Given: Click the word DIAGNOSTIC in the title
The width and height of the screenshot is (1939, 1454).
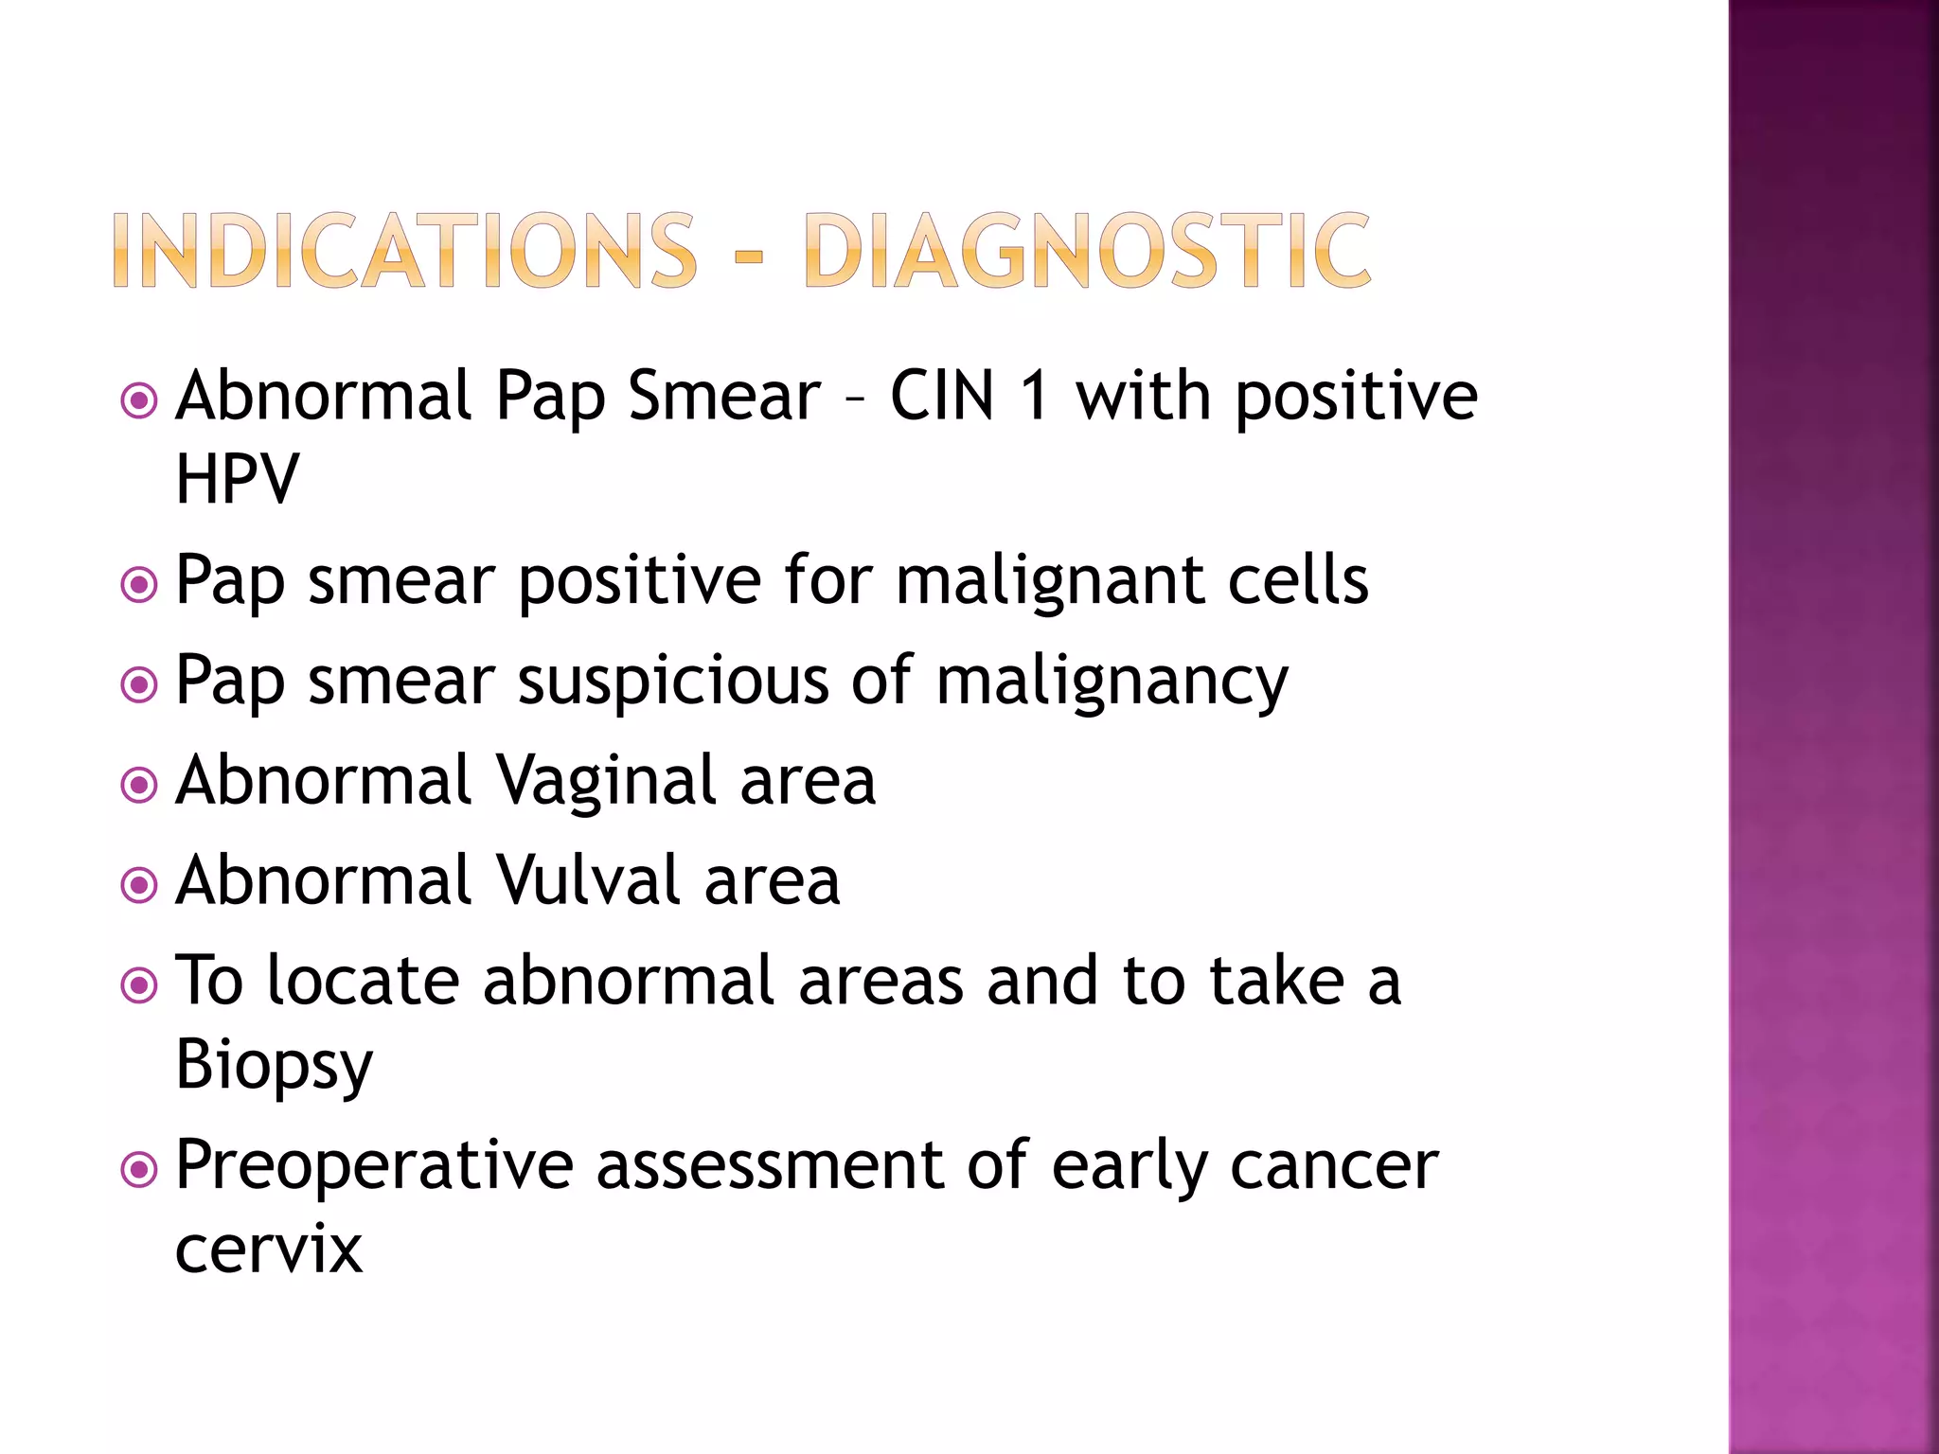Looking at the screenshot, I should coord(1086,250).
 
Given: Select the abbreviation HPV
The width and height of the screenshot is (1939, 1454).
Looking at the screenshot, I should coord(237,479).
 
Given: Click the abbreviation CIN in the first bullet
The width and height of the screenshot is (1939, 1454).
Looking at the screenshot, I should coord(943,396).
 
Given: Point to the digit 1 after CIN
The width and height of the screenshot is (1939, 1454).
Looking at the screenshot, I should coord(1036,396).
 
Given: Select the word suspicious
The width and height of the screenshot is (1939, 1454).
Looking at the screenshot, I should coord(673,682).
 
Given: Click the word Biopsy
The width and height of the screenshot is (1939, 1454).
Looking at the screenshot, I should coord(275,1066).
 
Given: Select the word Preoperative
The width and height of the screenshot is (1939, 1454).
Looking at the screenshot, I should coord(374,1166).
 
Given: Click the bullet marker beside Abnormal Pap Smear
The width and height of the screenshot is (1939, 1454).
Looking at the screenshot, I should coord(139,401).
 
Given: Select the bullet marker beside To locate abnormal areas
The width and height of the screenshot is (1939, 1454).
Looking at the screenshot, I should coord(139,986).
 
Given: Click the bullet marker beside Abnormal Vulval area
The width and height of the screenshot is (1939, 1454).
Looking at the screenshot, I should coord(139,886).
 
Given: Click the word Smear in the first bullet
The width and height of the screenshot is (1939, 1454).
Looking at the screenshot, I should coord(724,396).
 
